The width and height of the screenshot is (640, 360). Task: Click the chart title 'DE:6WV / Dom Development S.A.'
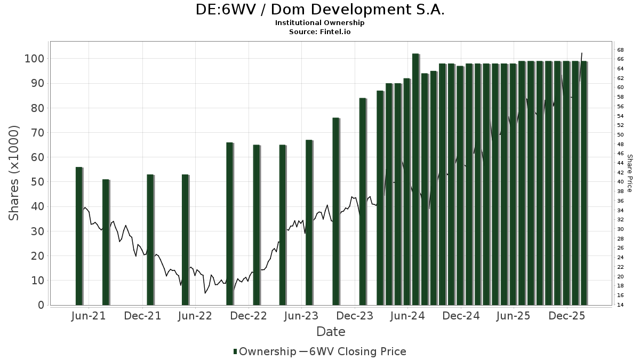point(319,10)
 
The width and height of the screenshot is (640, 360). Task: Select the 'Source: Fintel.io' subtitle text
point(319,32)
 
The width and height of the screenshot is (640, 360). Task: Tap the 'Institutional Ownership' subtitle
point(319,23)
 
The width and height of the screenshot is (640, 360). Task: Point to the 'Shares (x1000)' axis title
point(14,173)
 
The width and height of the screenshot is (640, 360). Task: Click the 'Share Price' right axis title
point(629,173)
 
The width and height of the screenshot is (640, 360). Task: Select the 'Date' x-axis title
point(331,332)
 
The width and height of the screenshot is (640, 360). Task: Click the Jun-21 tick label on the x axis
point(88,316)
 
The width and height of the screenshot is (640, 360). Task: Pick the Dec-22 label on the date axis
point(249,316)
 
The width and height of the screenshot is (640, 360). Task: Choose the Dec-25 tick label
point(568,316)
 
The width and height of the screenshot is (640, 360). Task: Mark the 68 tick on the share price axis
point(621,50)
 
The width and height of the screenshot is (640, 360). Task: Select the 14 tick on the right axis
point(621,305)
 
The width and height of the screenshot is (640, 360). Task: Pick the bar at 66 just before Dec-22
point(229,223)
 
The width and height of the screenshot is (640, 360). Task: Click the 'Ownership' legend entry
point(265,351)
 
